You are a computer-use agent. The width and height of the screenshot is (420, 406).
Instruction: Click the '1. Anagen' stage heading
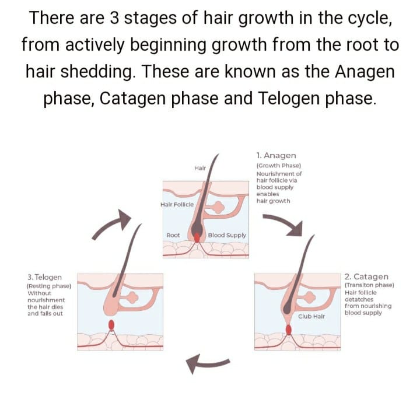pyautogui.click(x=276, y=156)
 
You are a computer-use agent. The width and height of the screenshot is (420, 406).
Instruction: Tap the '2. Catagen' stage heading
pyautogui.click(x=366, y=276)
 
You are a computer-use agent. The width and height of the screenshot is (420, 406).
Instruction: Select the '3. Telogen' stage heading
pyautogui.click(x=44, y=277)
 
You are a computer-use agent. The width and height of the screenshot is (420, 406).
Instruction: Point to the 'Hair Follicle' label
pyautogui.click(x=177, y=205)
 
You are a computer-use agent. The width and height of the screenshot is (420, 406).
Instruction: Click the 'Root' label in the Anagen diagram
pyautogui.click(x=173, y=235)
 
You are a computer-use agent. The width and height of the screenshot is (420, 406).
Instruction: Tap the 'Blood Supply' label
pyautogui.click(x=227, y=235)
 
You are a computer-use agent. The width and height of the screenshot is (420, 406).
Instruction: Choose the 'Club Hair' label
pyautogui.click(x=311, y=316)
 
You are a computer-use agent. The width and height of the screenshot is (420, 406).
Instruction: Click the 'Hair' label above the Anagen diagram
pyautogui.click(x=200, y=168)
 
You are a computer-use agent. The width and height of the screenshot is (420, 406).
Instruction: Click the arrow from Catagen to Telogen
pyautogui.click(x=206, y=363)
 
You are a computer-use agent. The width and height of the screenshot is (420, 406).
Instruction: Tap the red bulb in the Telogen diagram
pyautogui.click(x=111, y=325)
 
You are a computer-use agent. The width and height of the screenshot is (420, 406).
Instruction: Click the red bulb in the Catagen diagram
pyautogui.click(x=289, y=330)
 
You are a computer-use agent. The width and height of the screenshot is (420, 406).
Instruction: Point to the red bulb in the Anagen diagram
pyautogui.click(x=197, y=237)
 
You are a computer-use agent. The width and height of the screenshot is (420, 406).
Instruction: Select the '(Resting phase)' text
pyautogui.click(x=49, y=286)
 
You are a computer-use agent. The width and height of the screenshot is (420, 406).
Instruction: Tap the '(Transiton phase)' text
pyautogui.click(x=369, y=285)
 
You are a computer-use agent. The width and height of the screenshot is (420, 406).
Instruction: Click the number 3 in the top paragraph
pyautogui.click(x=114, y=18)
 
